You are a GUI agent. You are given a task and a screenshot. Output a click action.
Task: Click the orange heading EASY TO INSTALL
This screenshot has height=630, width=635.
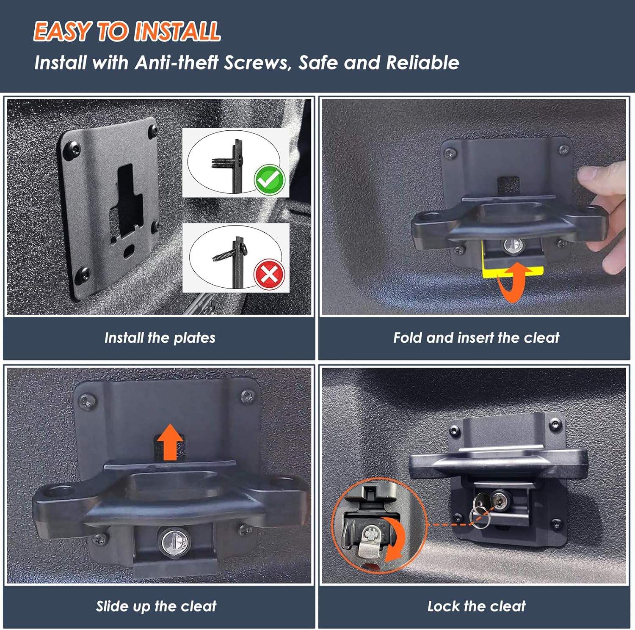tap(127, 31)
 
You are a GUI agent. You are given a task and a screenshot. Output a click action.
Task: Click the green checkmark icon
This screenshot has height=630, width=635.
tap(269, 179)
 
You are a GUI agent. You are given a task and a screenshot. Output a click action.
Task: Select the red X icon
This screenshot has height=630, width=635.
tap(269, 274)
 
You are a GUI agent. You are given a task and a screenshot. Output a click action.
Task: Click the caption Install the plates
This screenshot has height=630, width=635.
tap(160, 338)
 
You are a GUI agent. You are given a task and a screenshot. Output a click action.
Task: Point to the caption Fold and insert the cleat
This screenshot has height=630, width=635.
tap(476, 338)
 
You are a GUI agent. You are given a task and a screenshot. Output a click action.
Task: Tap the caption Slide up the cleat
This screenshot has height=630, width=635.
tap(156, 606)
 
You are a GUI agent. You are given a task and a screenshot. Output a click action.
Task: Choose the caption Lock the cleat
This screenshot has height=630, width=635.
tap(476, 606)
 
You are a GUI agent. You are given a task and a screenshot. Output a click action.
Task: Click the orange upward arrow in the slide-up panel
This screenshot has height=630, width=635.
tap(170, 442)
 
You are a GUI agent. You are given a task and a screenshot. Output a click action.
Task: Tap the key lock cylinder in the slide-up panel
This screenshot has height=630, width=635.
tap(174, 541)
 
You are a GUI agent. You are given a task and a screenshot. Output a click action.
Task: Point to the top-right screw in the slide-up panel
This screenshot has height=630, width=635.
tap(247, 396)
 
